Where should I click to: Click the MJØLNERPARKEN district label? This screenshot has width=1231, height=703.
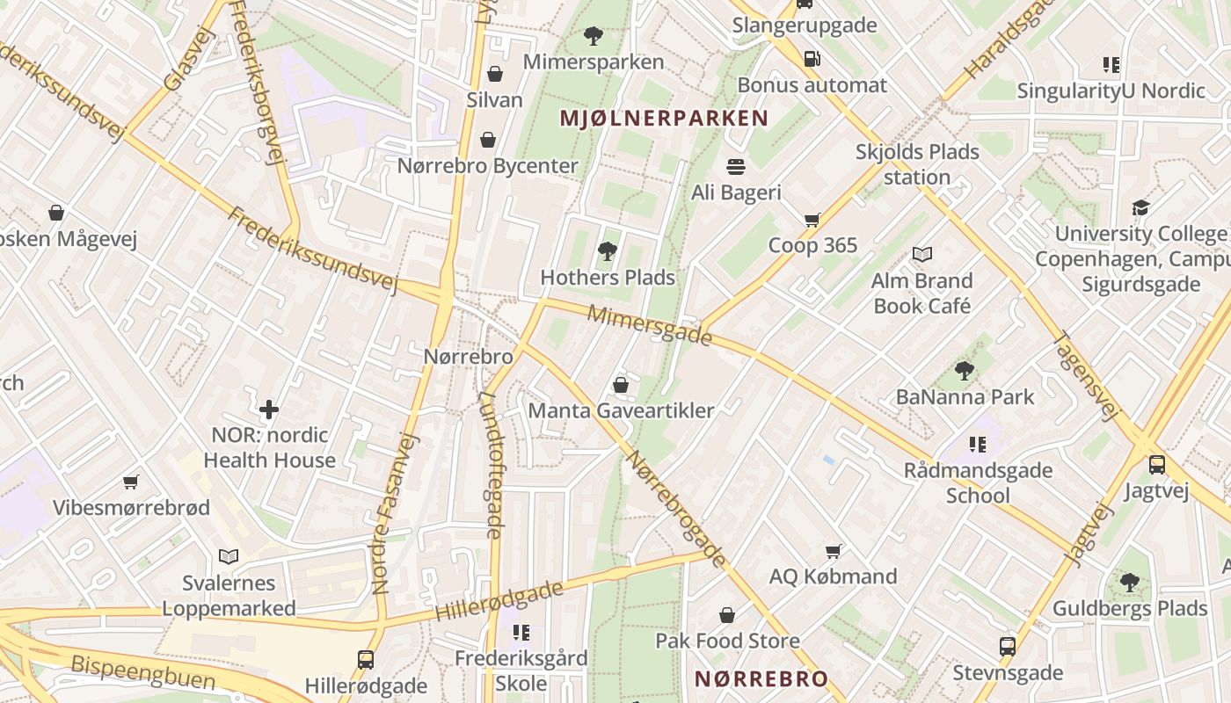click(x=664, y=118)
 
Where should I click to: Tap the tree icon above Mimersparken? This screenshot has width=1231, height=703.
click(x=594, y=37)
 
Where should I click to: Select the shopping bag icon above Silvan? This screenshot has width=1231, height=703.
click(x=495, y=74)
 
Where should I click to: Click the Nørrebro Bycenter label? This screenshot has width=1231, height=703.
click(x=488, y=165)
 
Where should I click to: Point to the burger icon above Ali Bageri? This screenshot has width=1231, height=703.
click(x=736, y=166)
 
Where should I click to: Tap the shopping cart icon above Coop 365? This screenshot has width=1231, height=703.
click(x=812, y=220)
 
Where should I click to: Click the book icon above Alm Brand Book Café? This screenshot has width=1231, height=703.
click(x=921, y=255)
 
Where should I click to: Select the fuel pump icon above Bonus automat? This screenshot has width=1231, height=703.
click(x=812, y=59)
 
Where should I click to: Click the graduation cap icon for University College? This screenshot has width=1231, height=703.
click(x=1140, y=208)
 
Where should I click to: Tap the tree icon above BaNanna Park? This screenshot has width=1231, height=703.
click(x=965, y=371)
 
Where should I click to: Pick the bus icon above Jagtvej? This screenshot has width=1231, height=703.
click(x=1157, y=465)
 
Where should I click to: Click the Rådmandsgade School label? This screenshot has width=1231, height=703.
click(x=978, y=482)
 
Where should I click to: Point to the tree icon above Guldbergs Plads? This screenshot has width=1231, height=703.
click(x=1130, y=582)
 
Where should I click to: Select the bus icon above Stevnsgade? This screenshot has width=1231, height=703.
click(x=1008, y=647)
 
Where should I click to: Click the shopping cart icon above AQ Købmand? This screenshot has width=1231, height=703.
click(x=833, y=551)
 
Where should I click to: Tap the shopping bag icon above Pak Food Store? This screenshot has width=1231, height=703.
click(x=727, y=614)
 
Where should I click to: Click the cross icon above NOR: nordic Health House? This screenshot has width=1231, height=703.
click(x=269, y=409)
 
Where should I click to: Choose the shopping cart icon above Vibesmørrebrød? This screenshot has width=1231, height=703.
click(x=131, y=482)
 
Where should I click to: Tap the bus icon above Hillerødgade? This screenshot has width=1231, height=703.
click(x=366, y=659)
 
